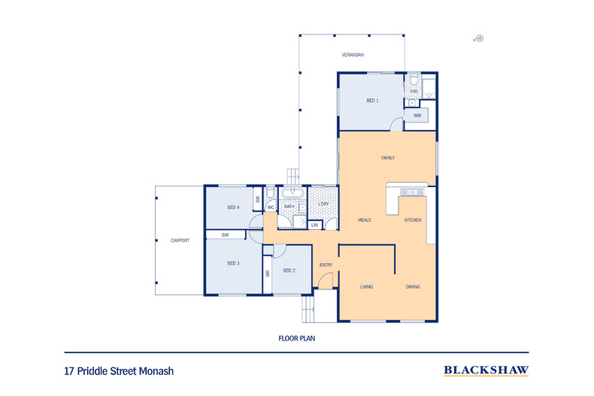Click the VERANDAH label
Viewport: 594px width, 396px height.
click(x=353, y=56)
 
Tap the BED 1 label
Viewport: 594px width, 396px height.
click(x=372, y=101)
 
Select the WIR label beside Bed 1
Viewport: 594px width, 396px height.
click(x=417, y=116)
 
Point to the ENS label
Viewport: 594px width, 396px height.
click(x=413, y=92)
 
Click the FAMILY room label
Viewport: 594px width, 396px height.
click(x=388, y=158)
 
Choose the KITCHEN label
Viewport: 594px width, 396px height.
click(x=413, y=220)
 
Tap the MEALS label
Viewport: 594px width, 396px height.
click(x=365, y=220)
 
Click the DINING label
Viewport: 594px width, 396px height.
click(x=413, y=287)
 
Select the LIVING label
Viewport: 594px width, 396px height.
click(x=367, y=287)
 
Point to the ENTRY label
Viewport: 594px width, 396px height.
click(x=326, y=265)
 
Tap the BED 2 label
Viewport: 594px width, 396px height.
click(x=289, y=271)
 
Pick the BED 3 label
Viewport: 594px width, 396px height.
click(x=233, y=264)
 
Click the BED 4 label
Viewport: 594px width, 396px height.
click(x=233, y=207)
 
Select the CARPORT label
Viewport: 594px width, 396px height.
click(x=180, y=240)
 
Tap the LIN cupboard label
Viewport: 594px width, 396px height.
click(x=314, y=225)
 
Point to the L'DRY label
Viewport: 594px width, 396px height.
click(x=323, y=204)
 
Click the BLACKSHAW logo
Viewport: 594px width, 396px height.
click(x=486, y=370)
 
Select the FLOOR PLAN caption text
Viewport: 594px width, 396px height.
click(x=296, y=338)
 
